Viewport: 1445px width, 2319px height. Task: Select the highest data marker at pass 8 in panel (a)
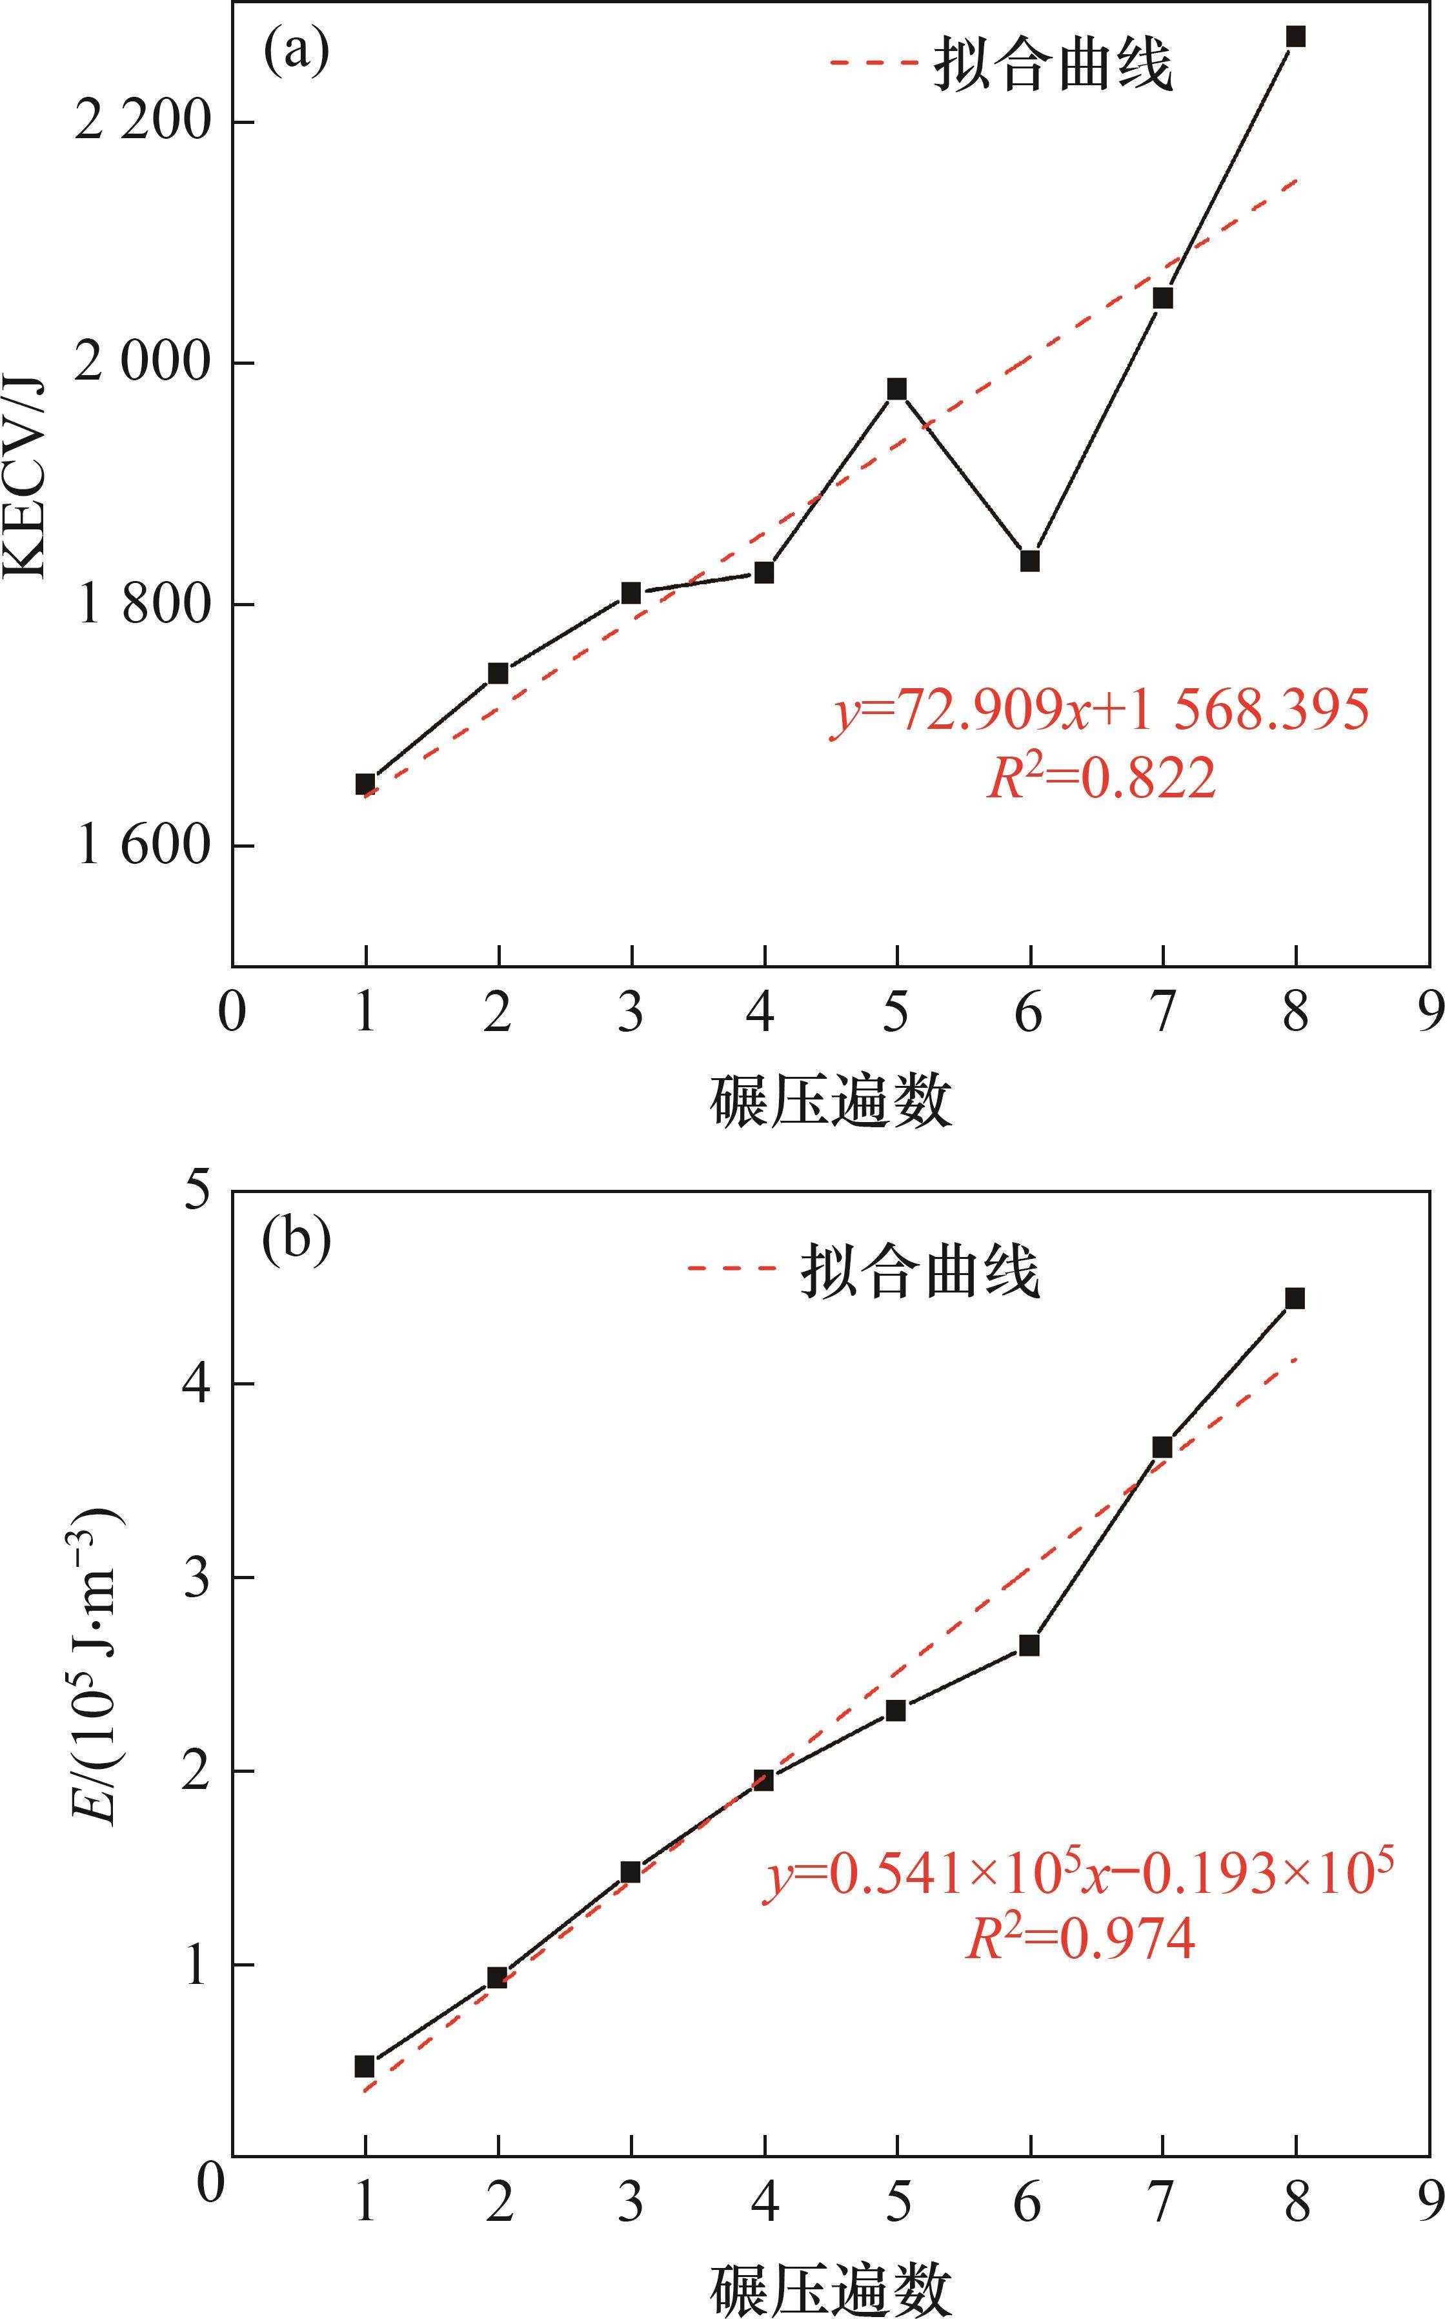click(x=1296, y=36)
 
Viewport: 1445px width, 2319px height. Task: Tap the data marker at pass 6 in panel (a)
click(x=1029, y=561)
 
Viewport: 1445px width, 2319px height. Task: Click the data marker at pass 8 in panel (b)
click(x=1296, y=1298)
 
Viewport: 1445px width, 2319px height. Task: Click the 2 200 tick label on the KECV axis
click(x=141, y=123)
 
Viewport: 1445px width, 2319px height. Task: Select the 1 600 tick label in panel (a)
click(x=141, y=846)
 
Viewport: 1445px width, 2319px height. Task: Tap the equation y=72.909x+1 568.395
click(x=1099, y=711)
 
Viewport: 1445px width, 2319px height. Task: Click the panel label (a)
click(x=296, y=52)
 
